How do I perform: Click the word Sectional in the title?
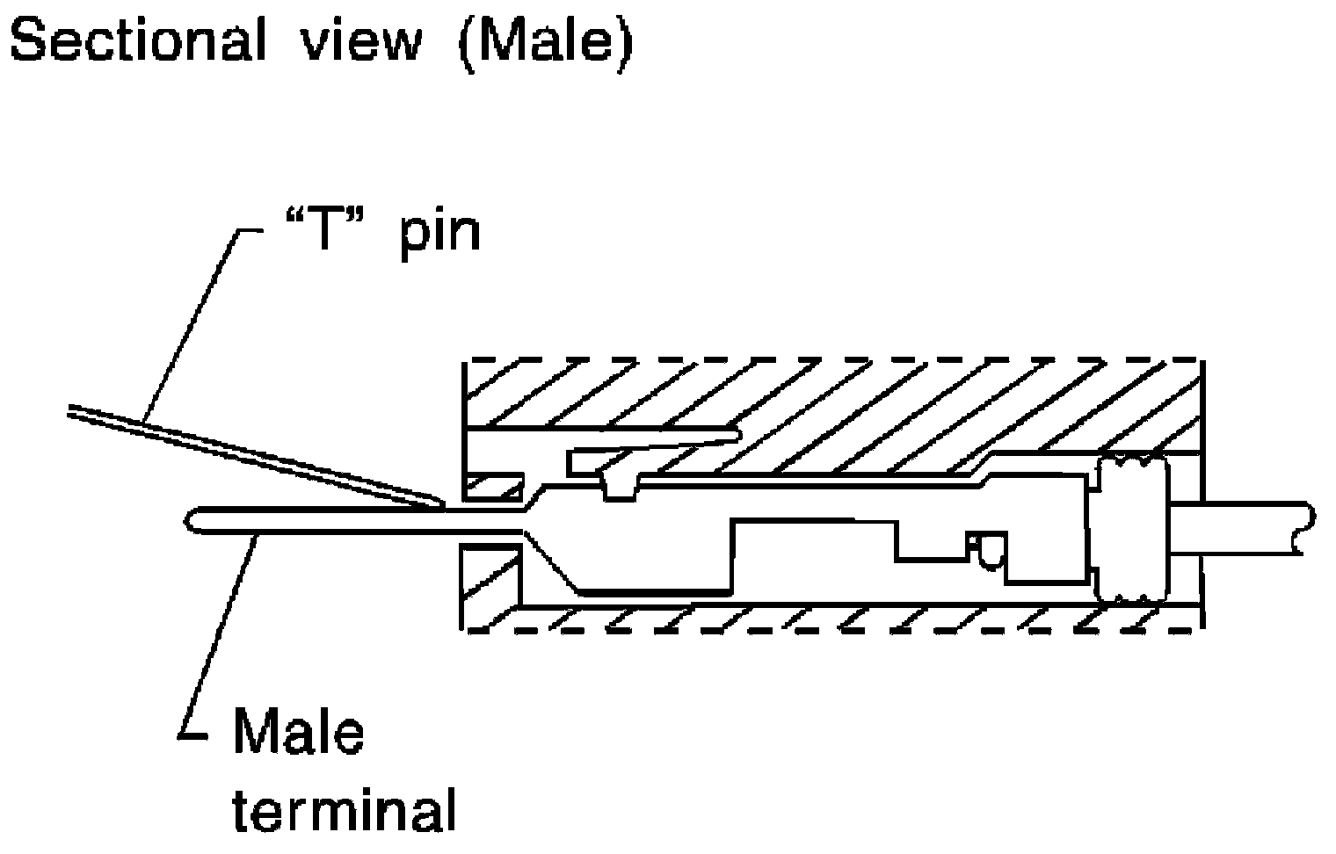[x=137, y=41]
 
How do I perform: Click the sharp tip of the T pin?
[x=437, y=503]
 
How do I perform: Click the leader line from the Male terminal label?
[x=220, y=633]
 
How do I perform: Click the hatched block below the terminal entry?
[x=490, y=584]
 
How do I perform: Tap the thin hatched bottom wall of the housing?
[x=835, y=618]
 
